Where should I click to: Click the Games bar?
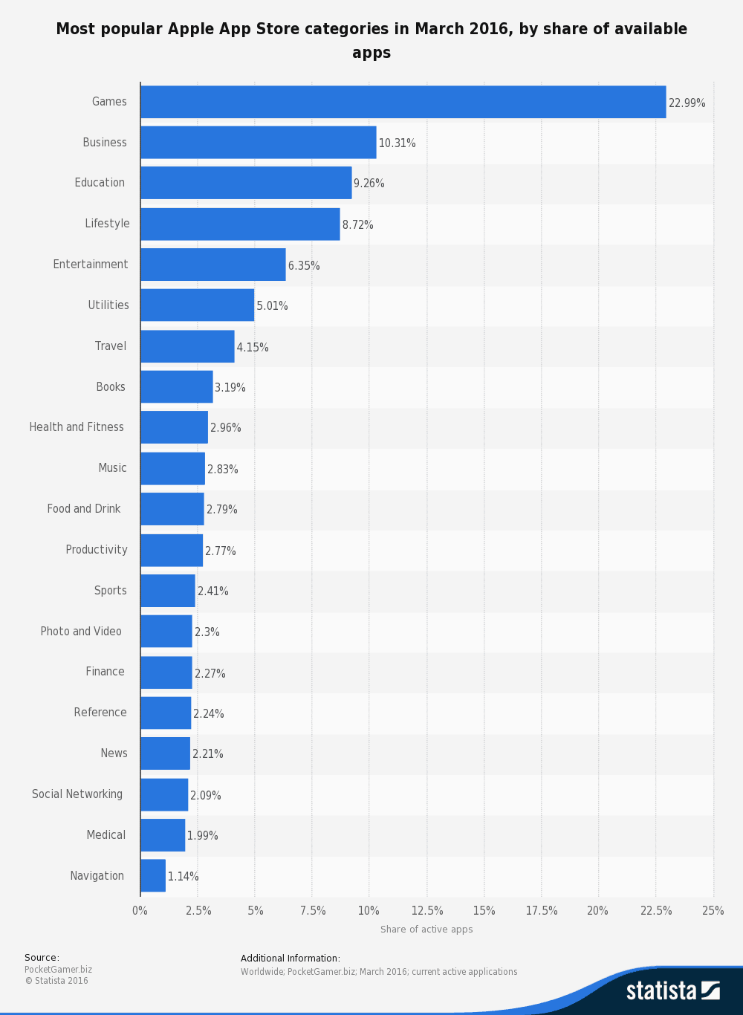tap(403, 102)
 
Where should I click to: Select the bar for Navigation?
tap(153, 875)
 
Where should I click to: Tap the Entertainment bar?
tap(213, 265)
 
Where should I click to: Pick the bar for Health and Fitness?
tap(174, 427)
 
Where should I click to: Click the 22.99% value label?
tap(687, 103)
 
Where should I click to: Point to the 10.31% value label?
tap(397, 143)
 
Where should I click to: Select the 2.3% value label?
tap(207, 632)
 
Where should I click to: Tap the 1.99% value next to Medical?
tap(202, 836)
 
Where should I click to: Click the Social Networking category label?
tap(77, 794)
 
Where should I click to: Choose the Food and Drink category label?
tap(84, 509)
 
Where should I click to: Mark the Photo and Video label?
tap(81, 632)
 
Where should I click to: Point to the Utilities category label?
tap(108, 305)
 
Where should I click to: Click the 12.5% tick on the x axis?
tap(427, 911)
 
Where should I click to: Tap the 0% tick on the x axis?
tap(140, 911)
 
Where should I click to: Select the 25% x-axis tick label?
tap(713, 911)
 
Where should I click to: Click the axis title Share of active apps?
tap(426, 930)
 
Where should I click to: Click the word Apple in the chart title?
tap(190, 29)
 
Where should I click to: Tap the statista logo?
tap(672, 990)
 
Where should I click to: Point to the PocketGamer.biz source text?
tap(58, 970)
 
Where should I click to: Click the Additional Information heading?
tap(290, 959)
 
